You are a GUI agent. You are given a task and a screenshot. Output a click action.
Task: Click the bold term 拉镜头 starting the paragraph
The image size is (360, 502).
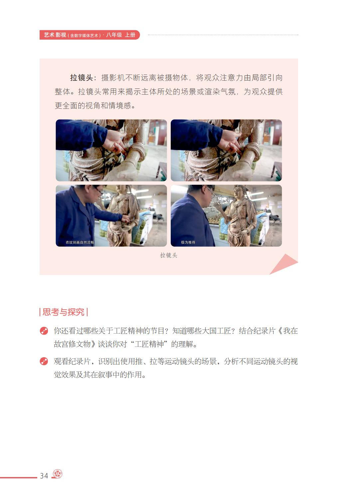point(82,78)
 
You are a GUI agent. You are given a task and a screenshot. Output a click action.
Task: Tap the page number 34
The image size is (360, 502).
point(44,476)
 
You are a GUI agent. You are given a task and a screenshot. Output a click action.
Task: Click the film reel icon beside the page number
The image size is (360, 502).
point(58,474)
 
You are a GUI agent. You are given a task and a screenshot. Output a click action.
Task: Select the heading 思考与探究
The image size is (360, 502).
point(64,312)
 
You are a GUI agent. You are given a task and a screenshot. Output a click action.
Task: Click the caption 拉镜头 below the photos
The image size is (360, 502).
point(169,255)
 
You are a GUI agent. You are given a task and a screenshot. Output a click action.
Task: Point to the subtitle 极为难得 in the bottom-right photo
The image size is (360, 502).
point(188,242)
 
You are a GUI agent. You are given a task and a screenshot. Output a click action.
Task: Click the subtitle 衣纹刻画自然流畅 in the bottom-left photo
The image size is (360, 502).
point(80,242)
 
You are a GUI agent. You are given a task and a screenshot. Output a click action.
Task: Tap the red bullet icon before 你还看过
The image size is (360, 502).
point(44,331)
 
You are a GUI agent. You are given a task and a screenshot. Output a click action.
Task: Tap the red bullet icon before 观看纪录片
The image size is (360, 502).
point(44,361)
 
